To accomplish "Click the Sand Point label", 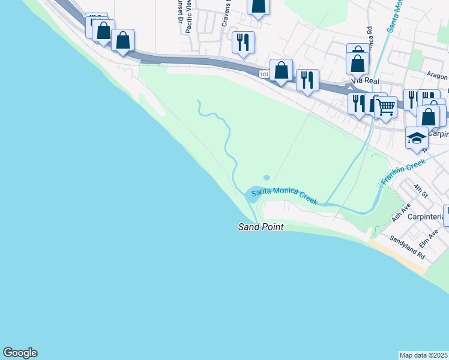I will (x=260, y=227).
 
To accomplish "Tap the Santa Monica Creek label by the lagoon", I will (x=285, y=196).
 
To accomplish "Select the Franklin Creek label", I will (x=403, y=172).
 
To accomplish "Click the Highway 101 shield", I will (x=264, y=73).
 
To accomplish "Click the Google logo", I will (x=20, y=353).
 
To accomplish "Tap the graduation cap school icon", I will (x=417, y=139).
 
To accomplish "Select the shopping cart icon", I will (x=386, y=107).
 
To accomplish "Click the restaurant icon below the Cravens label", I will (x=243, y=42).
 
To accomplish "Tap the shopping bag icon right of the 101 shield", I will (x=281, y=70).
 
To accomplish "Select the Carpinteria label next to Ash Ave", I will (x=426, y=217).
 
